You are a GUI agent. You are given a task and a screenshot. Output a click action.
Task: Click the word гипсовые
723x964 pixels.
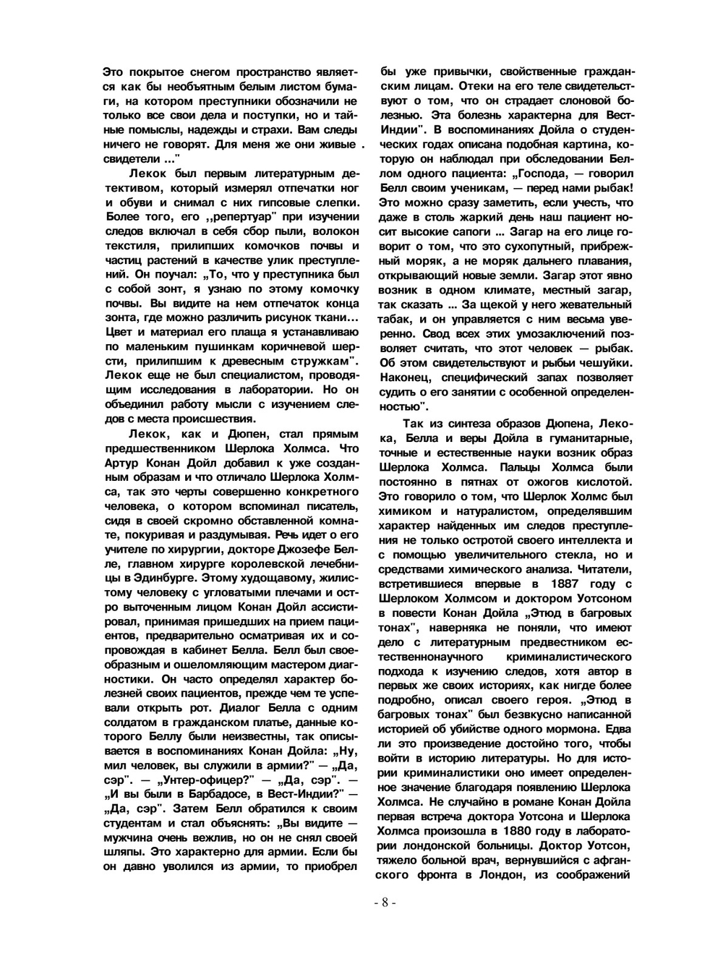coord(272,202)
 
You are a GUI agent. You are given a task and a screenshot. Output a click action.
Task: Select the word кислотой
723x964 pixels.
coord(602,482)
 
